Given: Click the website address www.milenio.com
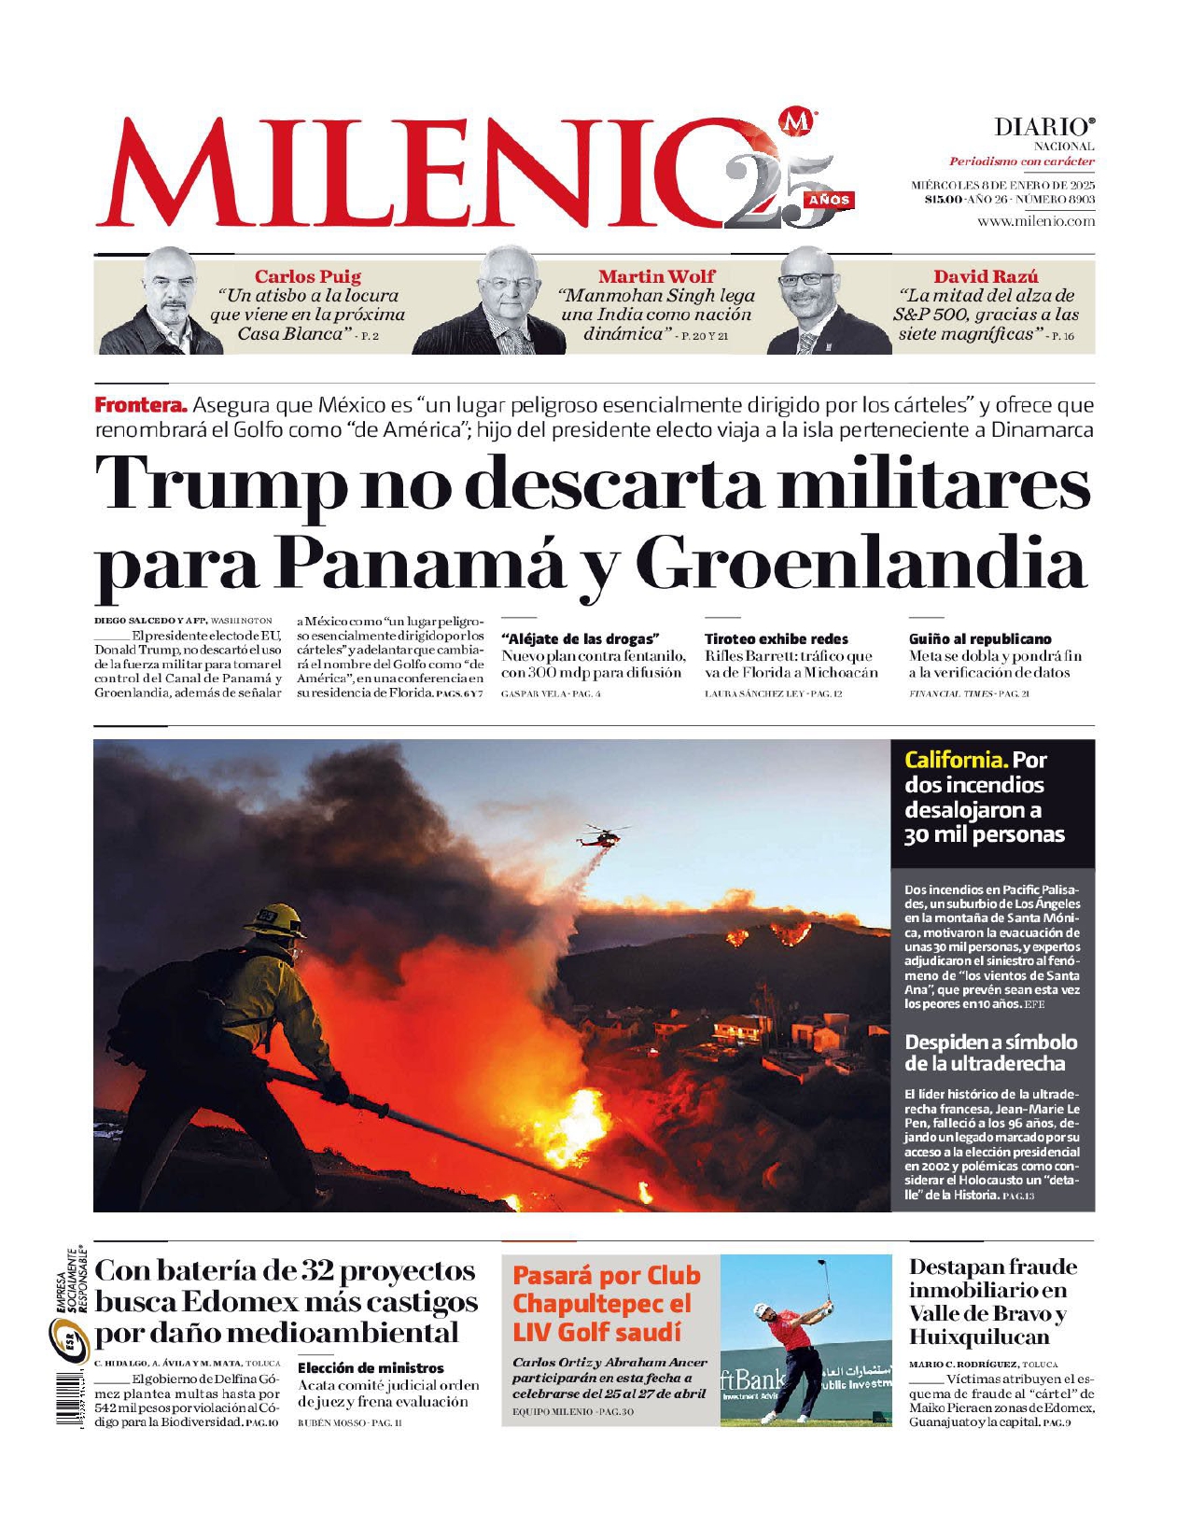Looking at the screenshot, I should click(x=1036, y=221).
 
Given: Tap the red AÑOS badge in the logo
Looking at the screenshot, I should click(x=829, y=200).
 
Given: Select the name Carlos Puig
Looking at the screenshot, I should click(x=307, y=276).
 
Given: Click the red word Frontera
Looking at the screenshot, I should click(x=141, y=406).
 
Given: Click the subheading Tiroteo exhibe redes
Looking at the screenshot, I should click(x=776, y=639).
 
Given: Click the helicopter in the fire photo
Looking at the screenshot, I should click(x=599, y=835).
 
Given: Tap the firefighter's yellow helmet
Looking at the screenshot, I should click(x=274, y=920).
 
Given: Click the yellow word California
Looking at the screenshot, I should click(x=955, y=760).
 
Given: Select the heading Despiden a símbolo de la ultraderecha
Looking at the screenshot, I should click(x=990, y=1053).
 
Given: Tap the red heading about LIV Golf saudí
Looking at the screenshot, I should click(x=606, y=1303).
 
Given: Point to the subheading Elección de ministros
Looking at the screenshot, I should click(x=371, y=1367).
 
